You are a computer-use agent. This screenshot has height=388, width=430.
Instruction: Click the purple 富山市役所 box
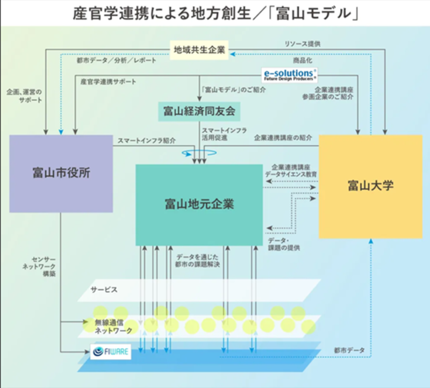(x=61, y=173)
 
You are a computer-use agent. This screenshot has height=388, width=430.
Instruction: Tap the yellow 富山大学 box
(x=370, y=186)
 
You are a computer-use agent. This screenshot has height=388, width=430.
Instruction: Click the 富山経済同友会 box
(x=199, y=112)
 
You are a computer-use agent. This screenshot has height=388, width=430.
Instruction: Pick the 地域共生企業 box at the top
(x=199, y=50)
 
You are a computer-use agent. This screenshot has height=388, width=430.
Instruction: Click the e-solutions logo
(x=289, y=74)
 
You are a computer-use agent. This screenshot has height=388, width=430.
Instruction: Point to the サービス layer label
(x=104, y=289)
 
